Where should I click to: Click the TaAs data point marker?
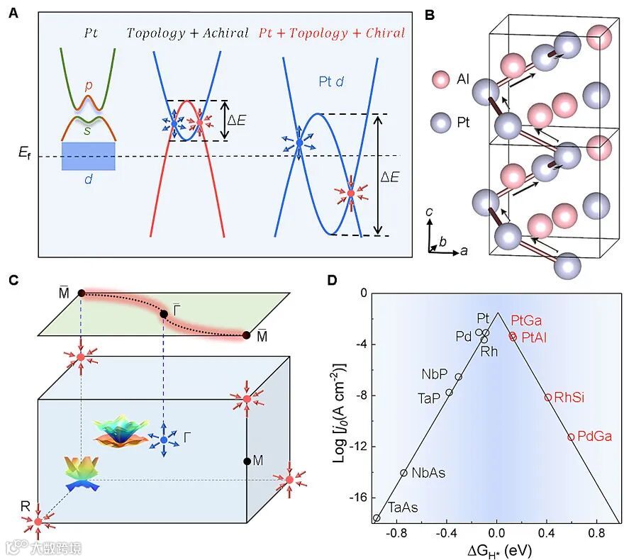[x=376, y=518]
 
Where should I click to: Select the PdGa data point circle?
[x=571, y=437]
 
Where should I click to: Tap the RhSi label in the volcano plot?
[x=569, y=398]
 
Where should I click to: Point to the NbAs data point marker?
[x=403, y=473]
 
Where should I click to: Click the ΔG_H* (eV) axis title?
[x=498, y=550]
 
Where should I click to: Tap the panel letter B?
[x=429, y=13]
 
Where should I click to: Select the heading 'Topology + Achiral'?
[x=187, y=33]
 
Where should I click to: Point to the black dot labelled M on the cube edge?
[x=247, y=461]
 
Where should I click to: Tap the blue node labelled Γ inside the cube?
[x=164, y=440]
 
